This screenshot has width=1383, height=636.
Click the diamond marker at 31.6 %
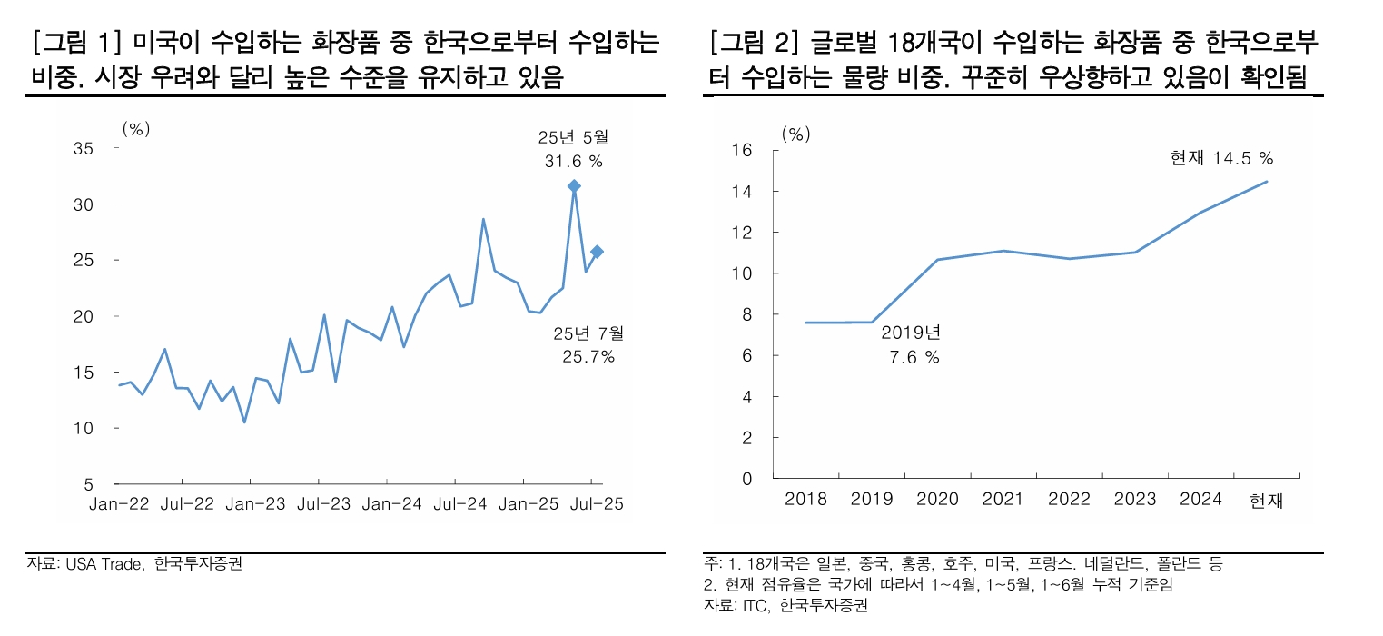pyautogui.click(x=574, y=186)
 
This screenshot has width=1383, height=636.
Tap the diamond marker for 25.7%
pyautogui.click(x=597, y=252)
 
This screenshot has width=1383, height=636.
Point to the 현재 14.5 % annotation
pyautogui.click(x=1220, y=158)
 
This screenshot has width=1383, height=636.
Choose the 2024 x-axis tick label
pyautogui.click(x=1200, y=500)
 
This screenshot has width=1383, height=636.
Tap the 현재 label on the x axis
pyautogui.click(x=1267, y=500)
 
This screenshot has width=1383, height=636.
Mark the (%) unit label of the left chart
pyautogui.click(x=135, y=128)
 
